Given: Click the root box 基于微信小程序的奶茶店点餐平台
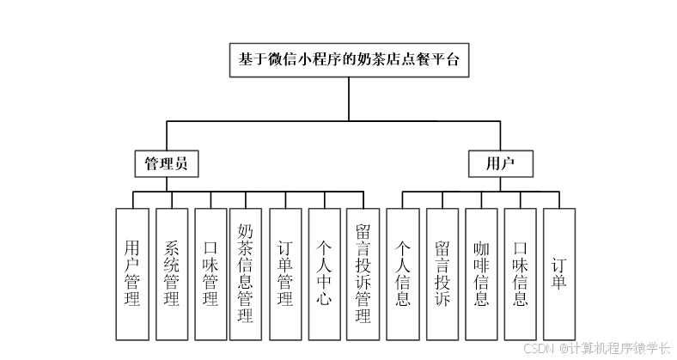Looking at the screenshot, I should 349,61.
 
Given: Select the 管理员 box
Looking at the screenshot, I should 167,163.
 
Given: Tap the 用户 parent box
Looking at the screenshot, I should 500,163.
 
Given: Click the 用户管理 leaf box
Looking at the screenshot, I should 132,273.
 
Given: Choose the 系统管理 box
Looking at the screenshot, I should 171,273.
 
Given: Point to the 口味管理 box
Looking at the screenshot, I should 210,273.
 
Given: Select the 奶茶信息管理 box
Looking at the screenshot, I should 246,273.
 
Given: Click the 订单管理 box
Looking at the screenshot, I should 285,273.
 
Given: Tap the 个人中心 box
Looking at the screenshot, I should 324,273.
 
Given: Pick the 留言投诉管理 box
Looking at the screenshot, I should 363,273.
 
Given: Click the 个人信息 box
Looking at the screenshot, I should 402,273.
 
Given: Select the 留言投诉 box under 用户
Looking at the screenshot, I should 442,273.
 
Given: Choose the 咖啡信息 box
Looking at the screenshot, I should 481,273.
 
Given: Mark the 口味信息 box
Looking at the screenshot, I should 520,273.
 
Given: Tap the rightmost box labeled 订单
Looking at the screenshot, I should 559,273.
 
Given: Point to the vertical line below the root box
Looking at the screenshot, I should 349,101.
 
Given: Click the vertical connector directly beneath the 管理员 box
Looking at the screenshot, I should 167,184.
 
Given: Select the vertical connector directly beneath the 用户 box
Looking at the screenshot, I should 500,184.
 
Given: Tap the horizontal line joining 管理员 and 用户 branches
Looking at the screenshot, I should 258,121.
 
